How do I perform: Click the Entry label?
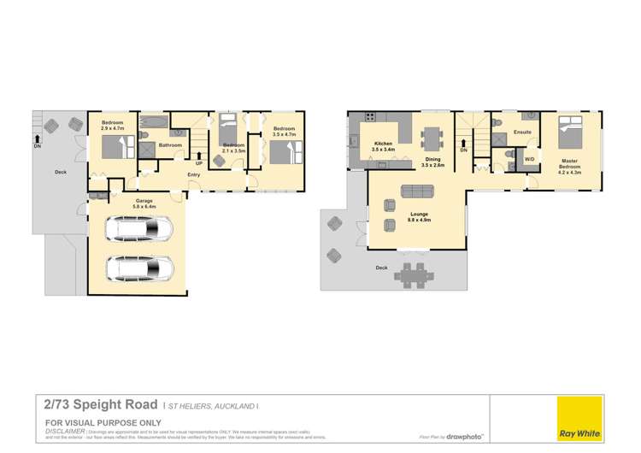(x=195, y=175)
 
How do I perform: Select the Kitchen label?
(x=382, y=144)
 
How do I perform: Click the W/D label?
(x=529, y=159)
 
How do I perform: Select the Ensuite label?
(x=523, y=132)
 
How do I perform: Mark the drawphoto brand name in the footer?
(x=466, y=436)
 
